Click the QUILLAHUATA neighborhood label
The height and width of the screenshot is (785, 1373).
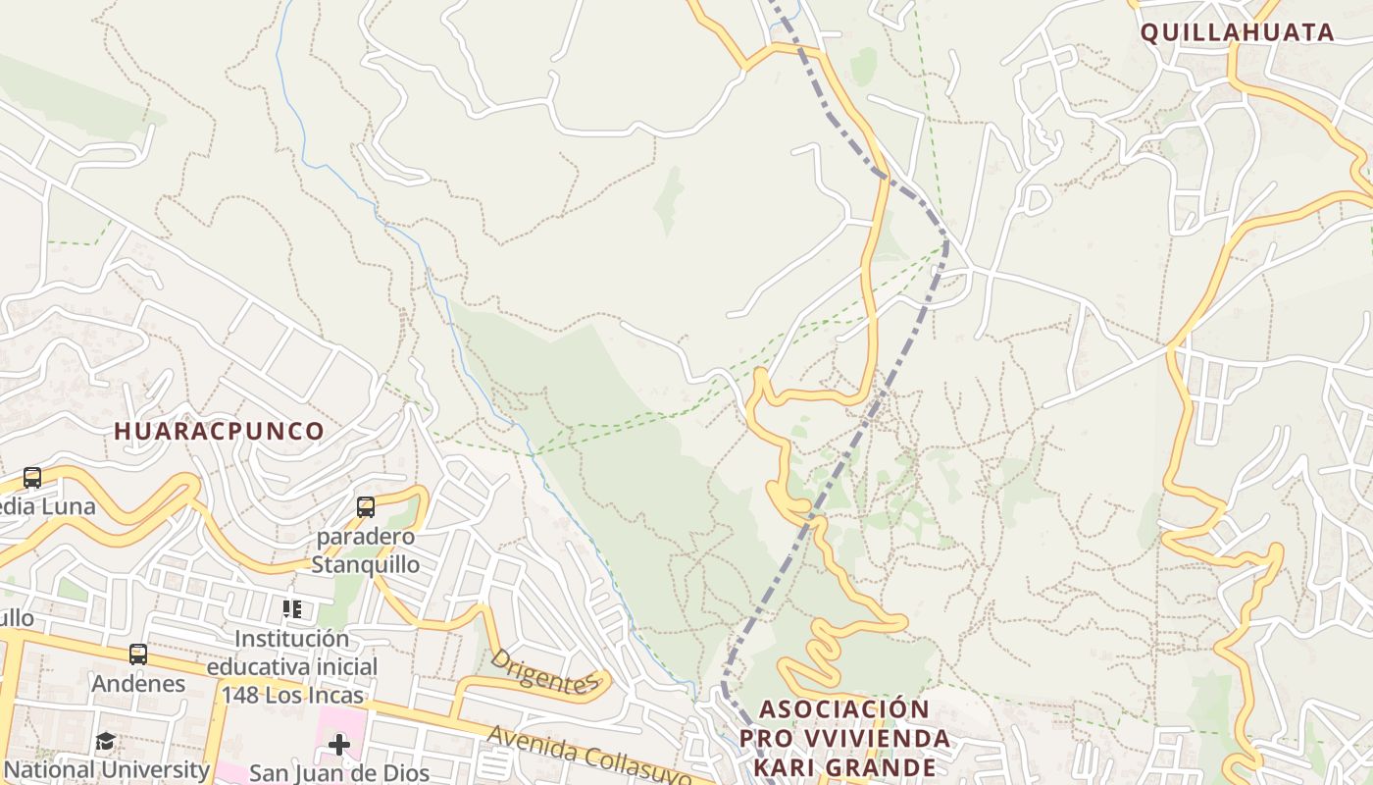(1237, 32)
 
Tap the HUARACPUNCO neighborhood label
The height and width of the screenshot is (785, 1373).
(219, 431)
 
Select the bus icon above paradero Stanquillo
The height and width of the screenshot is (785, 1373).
(366, 507)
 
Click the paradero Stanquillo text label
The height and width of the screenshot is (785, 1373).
(366, 550)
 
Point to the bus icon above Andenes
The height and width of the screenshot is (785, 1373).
(138, 654)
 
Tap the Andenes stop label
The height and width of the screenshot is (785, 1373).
(138, 683)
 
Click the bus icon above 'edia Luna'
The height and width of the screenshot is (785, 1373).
(32, 478)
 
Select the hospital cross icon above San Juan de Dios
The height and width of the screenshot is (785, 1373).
(339, 745)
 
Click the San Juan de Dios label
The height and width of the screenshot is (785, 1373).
(339, 773)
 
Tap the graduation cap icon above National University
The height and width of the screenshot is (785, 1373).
(105, 742)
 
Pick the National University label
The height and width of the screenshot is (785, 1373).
(107, 770)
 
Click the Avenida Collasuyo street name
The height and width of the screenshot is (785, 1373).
(585, 756)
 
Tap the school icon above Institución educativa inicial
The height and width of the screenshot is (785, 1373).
(291, 609)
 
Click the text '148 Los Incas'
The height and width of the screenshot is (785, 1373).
(291, 696)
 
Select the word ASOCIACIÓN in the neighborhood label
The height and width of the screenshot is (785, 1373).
(844, 708)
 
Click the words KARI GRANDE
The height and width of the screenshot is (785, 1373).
(844, 767)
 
